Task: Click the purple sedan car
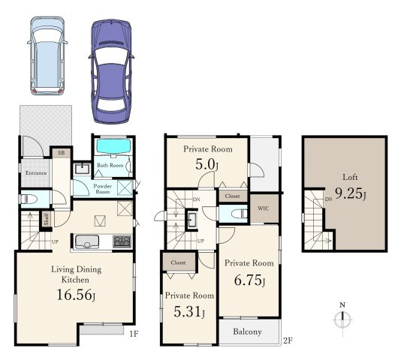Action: point(112,71)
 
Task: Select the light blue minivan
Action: point(47,55)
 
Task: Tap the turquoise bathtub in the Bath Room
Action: point(113,145)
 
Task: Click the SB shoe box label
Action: point(61,152)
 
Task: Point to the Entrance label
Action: point(36,173)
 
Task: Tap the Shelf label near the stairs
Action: point(47,219)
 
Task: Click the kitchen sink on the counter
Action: point(87,241)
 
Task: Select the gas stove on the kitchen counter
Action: point(122,241)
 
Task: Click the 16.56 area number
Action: point(76,295)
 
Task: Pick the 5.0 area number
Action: point(207,164)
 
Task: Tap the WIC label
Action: point(263,208)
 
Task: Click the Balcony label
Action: point(247,331)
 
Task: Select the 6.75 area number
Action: point(249,280)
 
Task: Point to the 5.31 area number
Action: point(188,312)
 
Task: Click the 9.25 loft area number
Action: point(350,193)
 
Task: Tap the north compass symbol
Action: point(342,319)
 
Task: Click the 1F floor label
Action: point(134,334)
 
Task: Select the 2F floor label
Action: point(288,340)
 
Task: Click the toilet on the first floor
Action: point(28,199)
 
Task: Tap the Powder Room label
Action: point(102,189)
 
